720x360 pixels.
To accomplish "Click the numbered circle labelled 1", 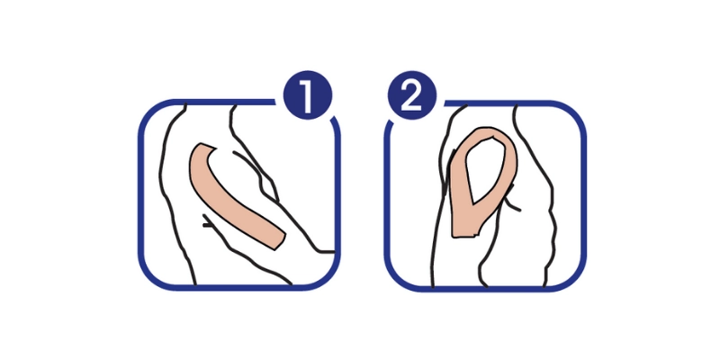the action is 307,95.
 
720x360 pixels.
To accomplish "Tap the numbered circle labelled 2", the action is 412,95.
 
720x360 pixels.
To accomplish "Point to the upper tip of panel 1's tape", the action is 207,146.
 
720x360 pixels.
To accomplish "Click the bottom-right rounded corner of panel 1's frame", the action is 327,275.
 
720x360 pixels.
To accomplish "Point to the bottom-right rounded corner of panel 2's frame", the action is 572,276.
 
